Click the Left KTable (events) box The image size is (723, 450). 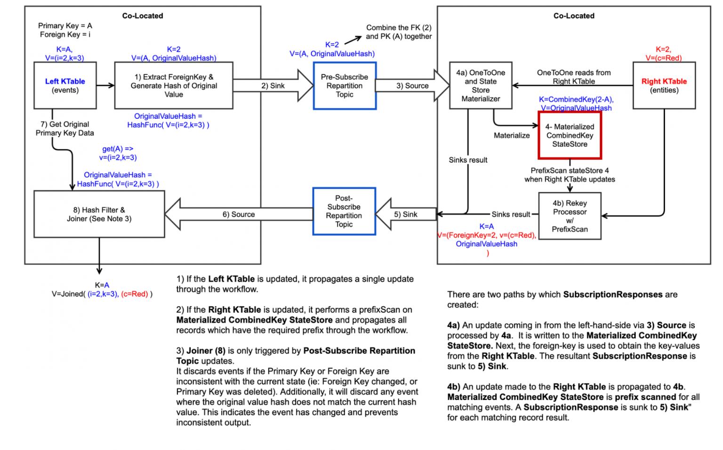(x=65, y=85)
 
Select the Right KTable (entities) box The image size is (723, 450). (x=664, y=85)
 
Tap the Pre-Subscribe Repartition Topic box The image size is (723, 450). (x=345, y=86)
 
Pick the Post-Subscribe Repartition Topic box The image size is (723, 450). (x=344, y=211)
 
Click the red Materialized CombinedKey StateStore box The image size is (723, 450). (x=570, y=135)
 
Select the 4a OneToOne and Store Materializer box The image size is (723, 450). (x=481, y=85)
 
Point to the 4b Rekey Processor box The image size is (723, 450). (x=570, y=216)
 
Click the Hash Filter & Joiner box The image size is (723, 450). (x=99, y=214)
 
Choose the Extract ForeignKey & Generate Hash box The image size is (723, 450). (x=174, y=85)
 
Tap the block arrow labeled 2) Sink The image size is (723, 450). (x=273, y=86)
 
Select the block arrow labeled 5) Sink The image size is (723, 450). (x=405, y=214)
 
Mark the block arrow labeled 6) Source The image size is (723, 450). (x=239, y=214)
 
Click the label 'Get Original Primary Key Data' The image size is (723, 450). (x=65, y=129)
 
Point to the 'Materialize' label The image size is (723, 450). (x=512, y=136)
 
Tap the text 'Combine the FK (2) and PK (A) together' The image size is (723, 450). (x=399, y=32)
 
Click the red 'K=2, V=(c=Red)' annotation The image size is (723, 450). (x=663, y=54)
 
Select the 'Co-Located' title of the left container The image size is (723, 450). (x=143, y=16)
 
